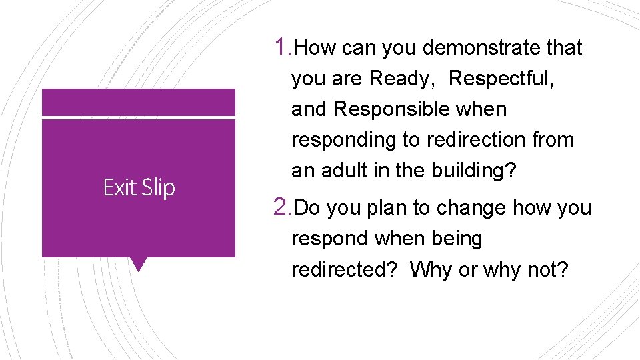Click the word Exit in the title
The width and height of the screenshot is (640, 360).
[119, 188]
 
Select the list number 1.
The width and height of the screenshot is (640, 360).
[281, 47]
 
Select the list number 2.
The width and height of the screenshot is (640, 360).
[281, 207]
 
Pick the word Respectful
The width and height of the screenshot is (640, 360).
[501, 79]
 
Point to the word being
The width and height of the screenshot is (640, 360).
[457, 239]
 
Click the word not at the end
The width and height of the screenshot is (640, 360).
[551, 269]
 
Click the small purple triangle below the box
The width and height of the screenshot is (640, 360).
[139, 264]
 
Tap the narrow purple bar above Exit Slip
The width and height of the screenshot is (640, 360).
[139, 103]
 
